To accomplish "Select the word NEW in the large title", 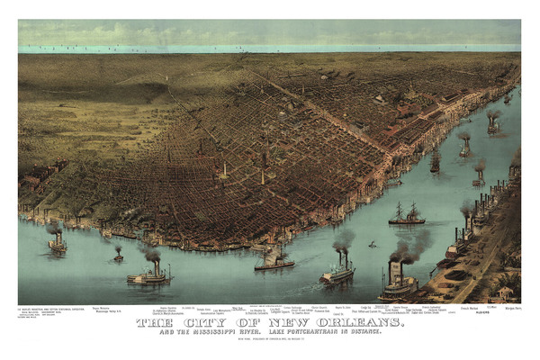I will coord(283,321).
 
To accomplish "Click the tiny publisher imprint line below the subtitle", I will coord(270,339).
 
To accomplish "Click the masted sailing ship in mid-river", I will coord(406,215).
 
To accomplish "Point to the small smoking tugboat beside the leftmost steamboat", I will coord(118,256).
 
